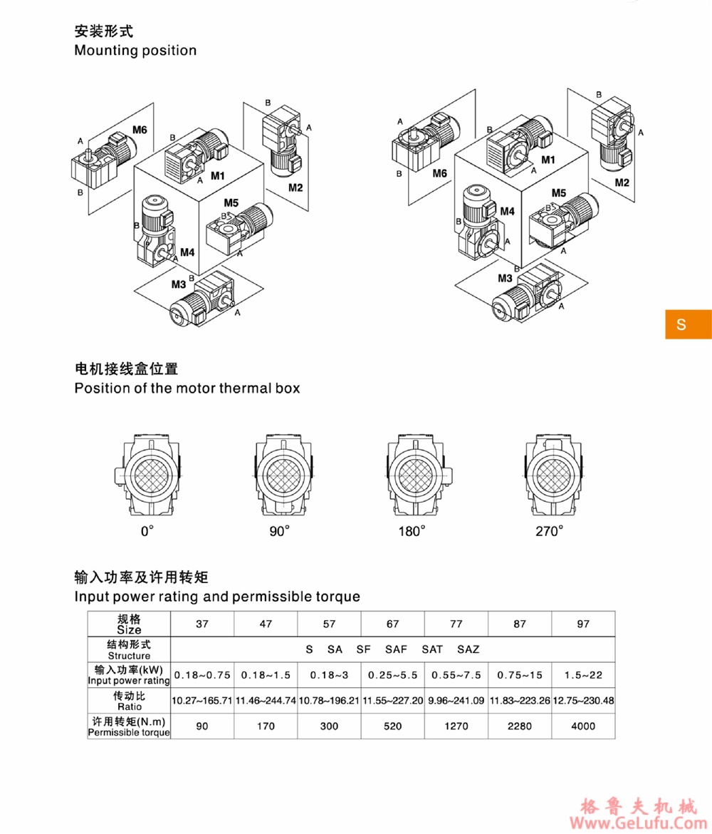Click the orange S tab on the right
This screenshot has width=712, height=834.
(688, 324)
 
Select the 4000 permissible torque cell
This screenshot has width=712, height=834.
(583, 726)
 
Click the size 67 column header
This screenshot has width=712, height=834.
(392, 624)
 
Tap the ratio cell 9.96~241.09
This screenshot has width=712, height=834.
(456, 701)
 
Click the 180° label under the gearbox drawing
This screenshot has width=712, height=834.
(412, 531)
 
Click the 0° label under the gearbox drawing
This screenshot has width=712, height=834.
(147, 531)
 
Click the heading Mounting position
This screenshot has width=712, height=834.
(135, 51)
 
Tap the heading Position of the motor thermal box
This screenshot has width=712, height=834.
(187, 388)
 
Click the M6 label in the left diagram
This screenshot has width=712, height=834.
(140, 130)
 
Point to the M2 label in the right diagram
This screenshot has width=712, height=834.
(622, 183)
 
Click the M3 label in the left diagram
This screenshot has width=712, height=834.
(179, 284)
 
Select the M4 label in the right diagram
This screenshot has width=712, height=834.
(507, 211)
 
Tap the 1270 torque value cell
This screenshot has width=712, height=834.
(456, 726)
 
